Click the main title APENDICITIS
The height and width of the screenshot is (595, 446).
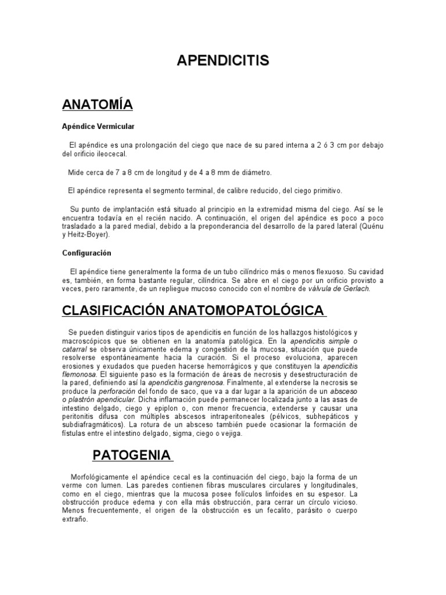point(223,62)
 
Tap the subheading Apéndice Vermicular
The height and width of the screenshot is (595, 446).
point(98,126)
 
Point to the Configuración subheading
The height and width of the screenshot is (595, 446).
point(87,253)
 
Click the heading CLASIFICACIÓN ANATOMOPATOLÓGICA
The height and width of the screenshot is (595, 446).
point(193,311)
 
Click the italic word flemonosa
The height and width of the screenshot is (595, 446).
point(81,375)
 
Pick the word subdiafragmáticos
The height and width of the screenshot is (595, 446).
point(96,425)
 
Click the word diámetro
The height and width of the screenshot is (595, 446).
point(253,173)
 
